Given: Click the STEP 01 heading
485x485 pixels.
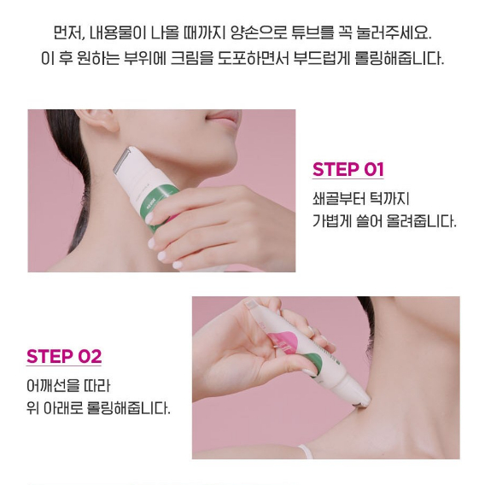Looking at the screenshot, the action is (348, 169).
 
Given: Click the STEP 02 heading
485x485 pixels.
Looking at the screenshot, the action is (64, 356).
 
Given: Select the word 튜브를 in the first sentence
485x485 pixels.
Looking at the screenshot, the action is (313, 32).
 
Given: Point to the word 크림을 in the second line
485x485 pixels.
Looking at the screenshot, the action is (192, 58).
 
